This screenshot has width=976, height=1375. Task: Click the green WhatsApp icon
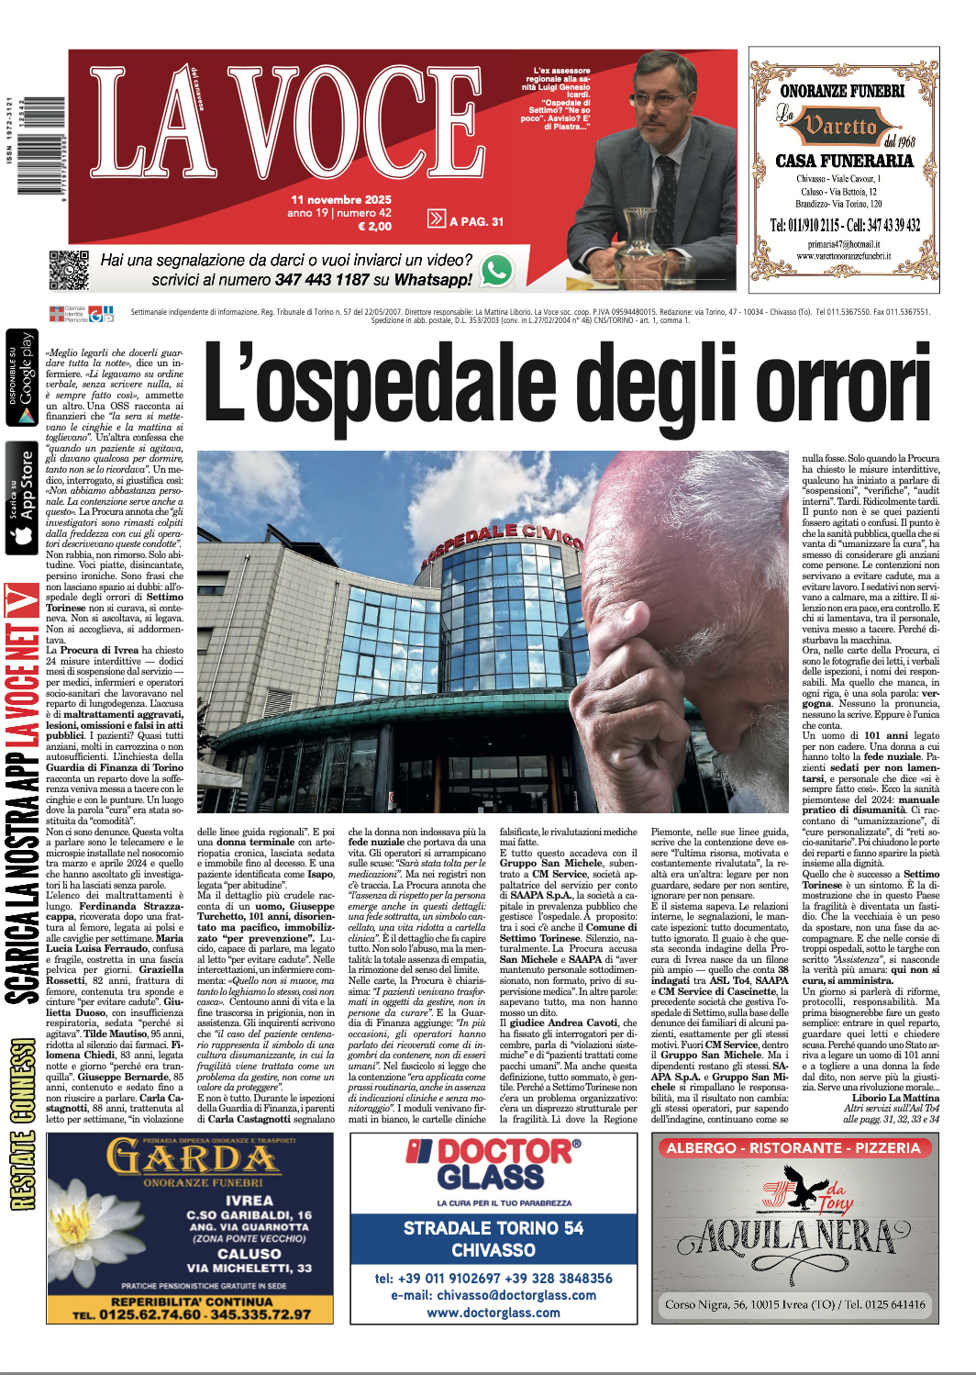[x=496, y=270]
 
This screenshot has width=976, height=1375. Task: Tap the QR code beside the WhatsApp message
[x=69, y=270]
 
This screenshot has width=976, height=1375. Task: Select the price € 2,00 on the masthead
[x=374, y=226]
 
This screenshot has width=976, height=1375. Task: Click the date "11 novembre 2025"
[x=341, y=199]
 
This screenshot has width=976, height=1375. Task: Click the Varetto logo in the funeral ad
[x=840, y=127]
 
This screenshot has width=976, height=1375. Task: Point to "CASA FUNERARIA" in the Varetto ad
[x=844, y=161]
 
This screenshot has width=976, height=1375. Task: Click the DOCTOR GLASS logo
[x=493, y=1164]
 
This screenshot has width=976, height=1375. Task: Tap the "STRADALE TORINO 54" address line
[x=494, y=1228]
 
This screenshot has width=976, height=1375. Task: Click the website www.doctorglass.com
[x=494, y=1313]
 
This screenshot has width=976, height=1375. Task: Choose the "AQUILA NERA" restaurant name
[x=794, y=1237]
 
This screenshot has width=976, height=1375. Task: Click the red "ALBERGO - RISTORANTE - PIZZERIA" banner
[x=793, y=1147]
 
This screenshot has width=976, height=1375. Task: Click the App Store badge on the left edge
[x=22, y=497]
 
